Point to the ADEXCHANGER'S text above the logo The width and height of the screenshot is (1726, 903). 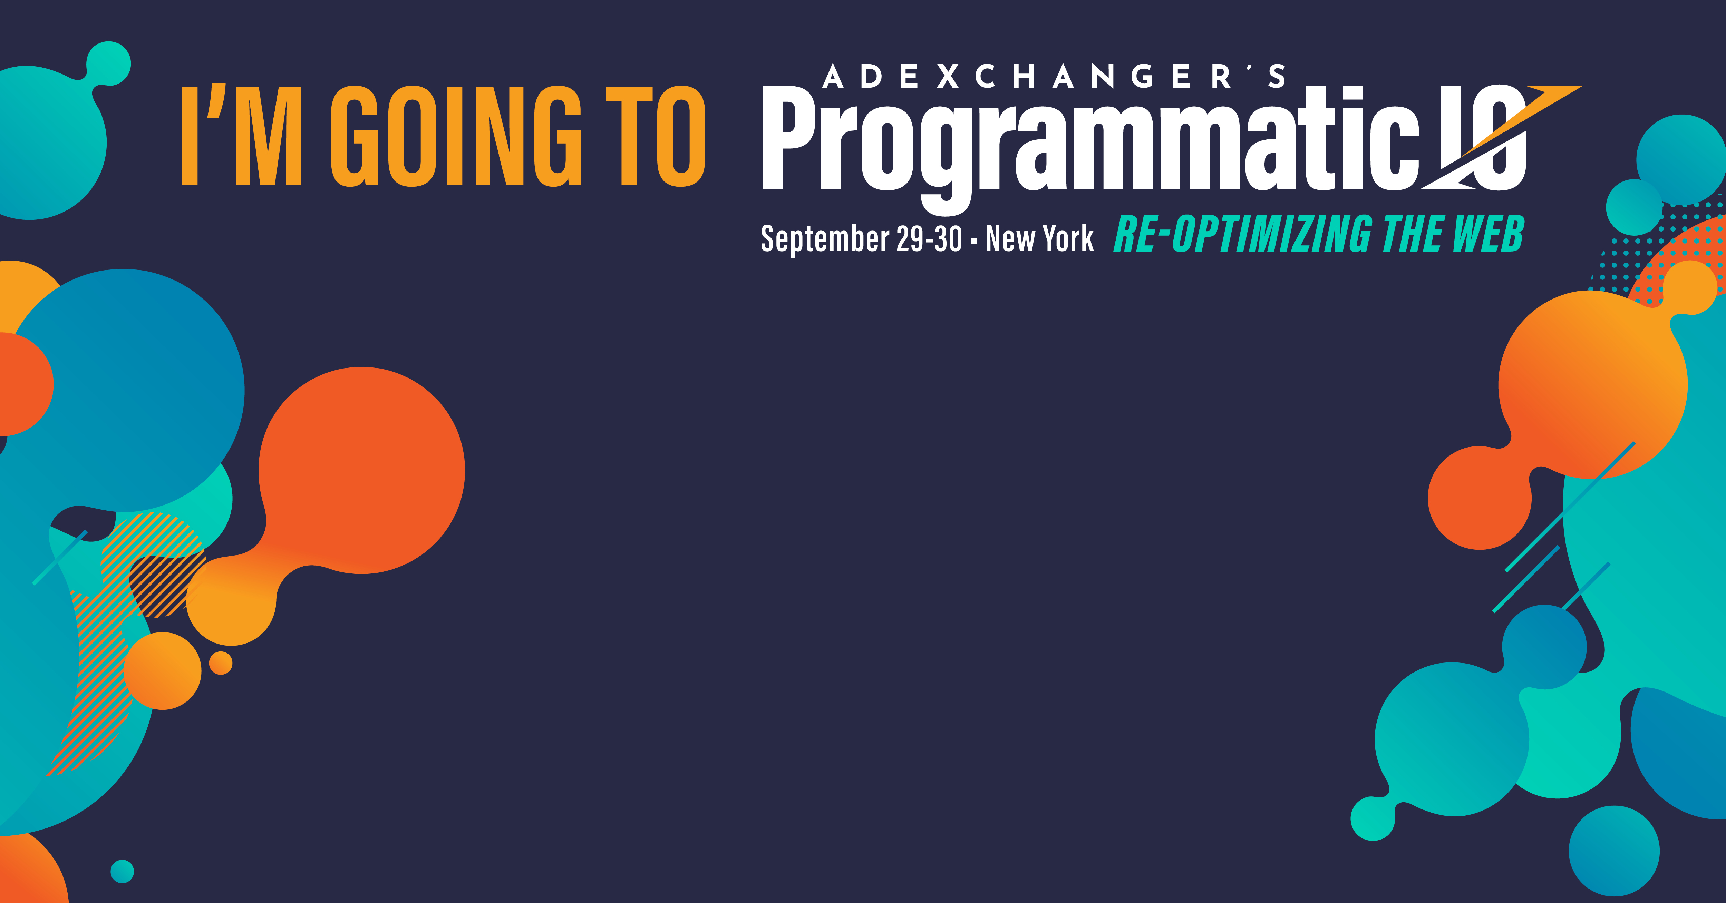pos(1053,76)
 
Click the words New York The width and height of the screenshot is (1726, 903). pos(1039,238)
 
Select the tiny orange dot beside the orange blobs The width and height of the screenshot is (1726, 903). pos(221,663)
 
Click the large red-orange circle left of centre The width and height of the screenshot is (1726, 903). pos(362,470)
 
